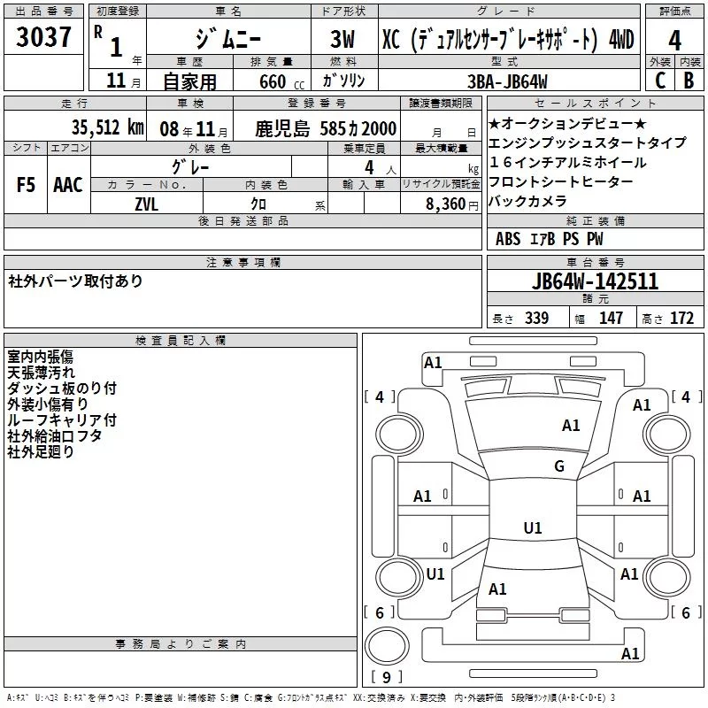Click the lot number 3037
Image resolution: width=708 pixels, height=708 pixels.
43,37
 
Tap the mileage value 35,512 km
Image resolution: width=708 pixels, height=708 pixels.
107,127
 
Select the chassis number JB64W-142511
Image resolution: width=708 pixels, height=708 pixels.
595,281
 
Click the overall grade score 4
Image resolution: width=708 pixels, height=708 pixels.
674,40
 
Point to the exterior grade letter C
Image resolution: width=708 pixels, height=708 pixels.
660,81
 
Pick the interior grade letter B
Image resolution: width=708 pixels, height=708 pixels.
689,81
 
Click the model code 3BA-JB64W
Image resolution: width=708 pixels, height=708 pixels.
507,81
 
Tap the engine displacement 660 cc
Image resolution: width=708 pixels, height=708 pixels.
281,81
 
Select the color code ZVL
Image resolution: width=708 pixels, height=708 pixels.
146,204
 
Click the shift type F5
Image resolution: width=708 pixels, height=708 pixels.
26,185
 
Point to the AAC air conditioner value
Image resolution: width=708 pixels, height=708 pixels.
68,185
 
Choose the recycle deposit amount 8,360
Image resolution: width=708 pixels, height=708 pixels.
445,204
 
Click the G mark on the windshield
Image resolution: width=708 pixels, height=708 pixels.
559,466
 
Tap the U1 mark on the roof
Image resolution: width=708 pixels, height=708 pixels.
533,527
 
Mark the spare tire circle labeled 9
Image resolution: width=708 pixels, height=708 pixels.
387,646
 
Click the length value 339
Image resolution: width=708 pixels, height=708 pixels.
536,318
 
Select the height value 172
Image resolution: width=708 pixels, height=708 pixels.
681,318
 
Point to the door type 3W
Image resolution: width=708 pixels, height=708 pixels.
342,39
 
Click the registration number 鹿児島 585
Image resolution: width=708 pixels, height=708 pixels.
301,128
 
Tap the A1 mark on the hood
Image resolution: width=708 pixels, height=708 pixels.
571,426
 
